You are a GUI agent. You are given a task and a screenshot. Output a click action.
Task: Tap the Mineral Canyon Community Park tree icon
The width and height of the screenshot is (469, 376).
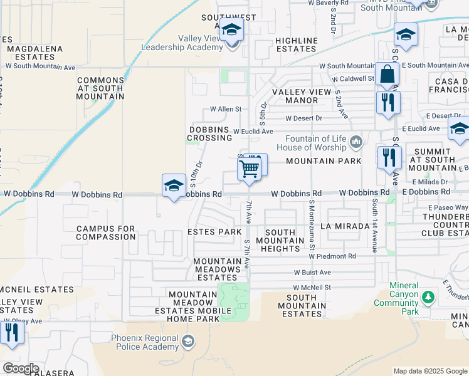428,296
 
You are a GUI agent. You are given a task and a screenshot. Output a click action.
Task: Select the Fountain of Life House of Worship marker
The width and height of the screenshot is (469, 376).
356,143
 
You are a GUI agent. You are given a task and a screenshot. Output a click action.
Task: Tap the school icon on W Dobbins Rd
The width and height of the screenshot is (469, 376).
174,185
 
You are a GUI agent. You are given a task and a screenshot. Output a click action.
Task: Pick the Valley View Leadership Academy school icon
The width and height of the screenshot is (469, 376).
232,30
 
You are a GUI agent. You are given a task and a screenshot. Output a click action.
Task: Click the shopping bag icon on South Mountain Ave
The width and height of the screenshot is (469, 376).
388,75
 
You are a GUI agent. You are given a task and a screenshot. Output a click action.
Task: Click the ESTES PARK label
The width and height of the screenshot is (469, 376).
214,232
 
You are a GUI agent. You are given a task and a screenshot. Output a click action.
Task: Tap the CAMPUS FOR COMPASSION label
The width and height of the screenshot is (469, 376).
106,233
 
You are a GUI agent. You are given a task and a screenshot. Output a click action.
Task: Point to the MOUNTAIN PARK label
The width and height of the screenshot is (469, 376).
324,161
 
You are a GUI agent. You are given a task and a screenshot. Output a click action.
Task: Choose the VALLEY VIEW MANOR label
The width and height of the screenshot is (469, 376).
301,96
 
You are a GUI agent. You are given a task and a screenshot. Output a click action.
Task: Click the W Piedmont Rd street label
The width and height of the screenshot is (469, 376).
332,256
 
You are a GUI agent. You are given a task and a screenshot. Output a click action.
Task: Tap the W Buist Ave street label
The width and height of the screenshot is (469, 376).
313,273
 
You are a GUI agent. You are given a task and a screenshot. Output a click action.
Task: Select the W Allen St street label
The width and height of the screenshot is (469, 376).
226,109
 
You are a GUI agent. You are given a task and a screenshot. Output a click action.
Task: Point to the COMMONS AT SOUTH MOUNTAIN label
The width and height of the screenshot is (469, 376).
101,88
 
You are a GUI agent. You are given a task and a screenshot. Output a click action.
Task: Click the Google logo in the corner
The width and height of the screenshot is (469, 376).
20,368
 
